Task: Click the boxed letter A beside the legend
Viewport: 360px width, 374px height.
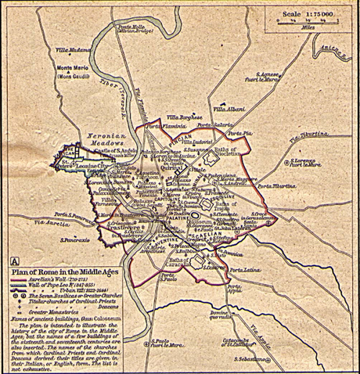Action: point(15,260)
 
